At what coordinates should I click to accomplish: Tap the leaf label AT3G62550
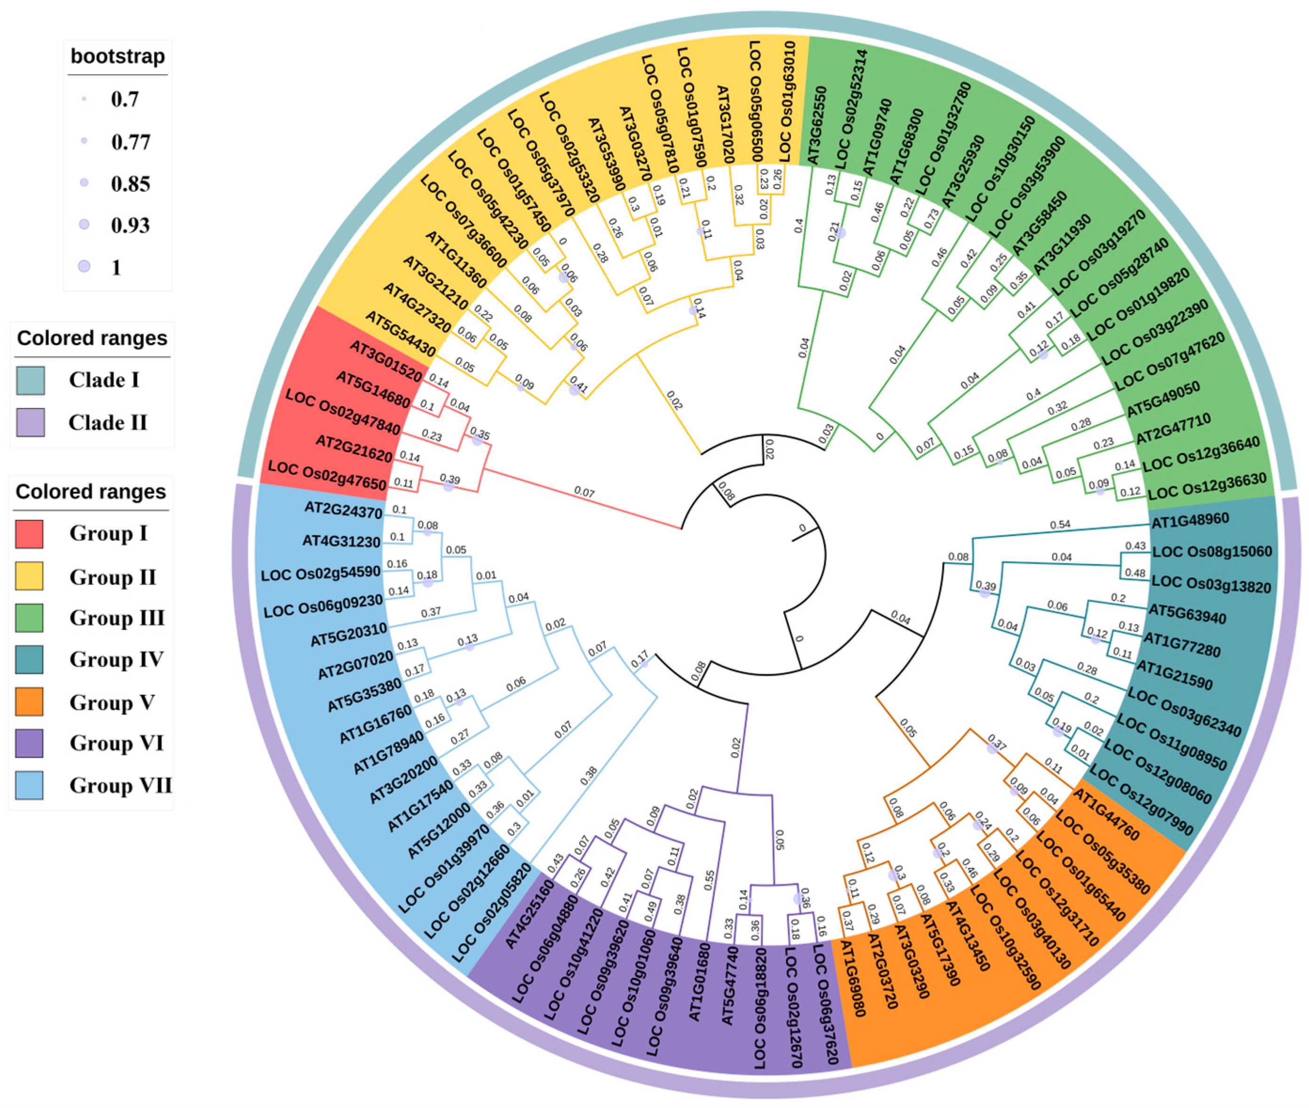817,126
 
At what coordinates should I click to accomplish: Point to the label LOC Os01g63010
787,101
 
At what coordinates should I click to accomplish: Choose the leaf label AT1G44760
1105,815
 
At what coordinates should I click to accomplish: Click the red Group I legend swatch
29,534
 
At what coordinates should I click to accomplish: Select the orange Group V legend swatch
29,701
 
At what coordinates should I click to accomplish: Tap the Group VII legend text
120,785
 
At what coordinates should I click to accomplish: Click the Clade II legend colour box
30,422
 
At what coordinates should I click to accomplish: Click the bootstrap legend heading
118,56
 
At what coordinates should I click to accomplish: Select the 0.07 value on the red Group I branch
584,493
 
